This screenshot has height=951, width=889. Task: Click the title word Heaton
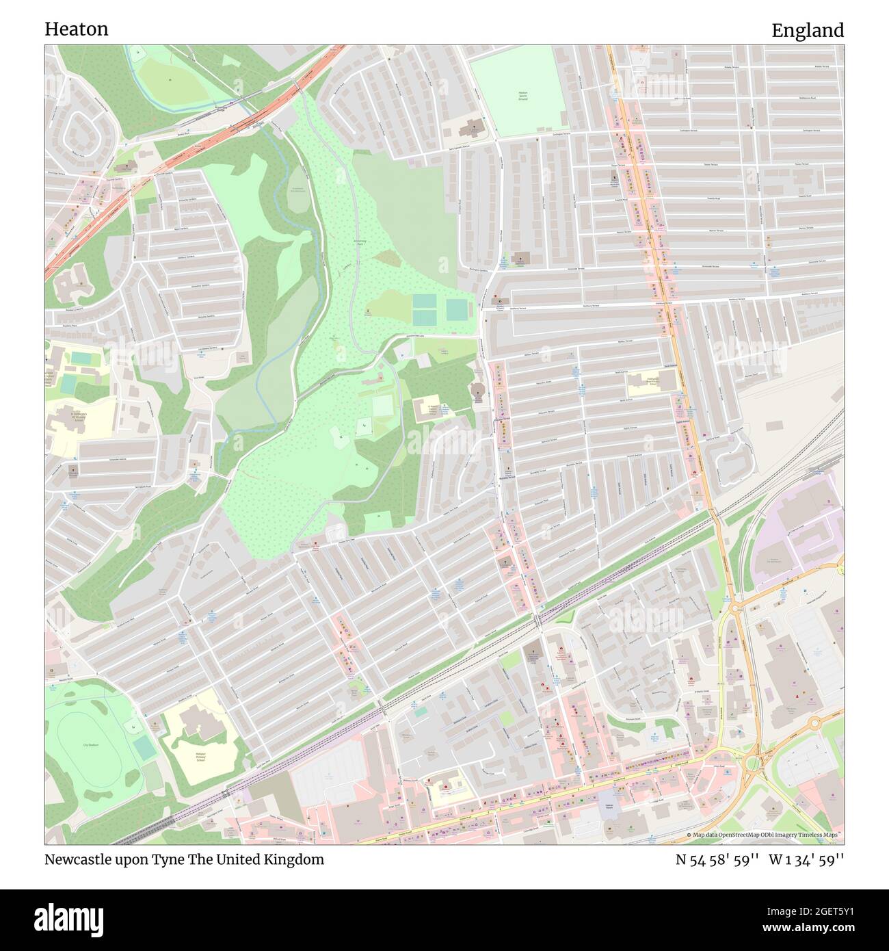[77, 29]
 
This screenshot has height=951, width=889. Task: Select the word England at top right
[808, 31]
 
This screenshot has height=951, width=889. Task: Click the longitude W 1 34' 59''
[806, 859]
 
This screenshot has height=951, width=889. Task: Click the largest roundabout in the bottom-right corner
[756, 761]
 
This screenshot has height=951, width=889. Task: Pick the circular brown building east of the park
[478, 391]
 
